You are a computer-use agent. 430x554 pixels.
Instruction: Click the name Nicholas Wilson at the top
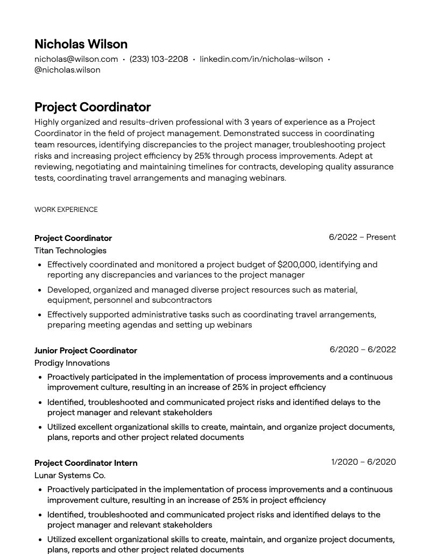pos(81,44)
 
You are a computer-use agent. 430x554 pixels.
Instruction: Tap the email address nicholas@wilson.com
pos(76,59)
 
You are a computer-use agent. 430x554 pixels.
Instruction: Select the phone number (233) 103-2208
pos(159,59)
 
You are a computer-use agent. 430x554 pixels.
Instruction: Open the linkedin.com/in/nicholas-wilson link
pos(261,59)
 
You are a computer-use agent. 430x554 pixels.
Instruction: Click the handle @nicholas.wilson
pos(67,70)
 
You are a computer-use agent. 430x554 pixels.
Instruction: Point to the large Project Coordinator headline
pos(93,107)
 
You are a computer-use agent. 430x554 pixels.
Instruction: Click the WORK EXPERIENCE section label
pos(66,210)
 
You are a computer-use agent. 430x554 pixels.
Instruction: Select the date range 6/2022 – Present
pos(362,237)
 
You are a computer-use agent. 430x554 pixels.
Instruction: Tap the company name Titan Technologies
pos(71,251)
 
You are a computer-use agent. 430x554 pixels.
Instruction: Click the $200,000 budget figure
pos(297,265)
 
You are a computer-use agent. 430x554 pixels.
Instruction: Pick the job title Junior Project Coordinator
pos(86,351)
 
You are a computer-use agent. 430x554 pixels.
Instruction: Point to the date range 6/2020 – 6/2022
pos(363,350)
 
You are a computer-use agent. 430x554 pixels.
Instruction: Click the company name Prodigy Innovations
pos(72,363)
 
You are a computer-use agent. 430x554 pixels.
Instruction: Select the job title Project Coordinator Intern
pos(86,463)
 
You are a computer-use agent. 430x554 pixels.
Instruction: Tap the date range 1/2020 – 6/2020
pos(363,462)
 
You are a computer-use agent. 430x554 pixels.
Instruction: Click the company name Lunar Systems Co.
pos(70,475)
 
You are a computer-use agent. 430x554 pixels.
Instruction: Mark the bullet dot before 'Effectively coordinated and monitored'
pos(40,265)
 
